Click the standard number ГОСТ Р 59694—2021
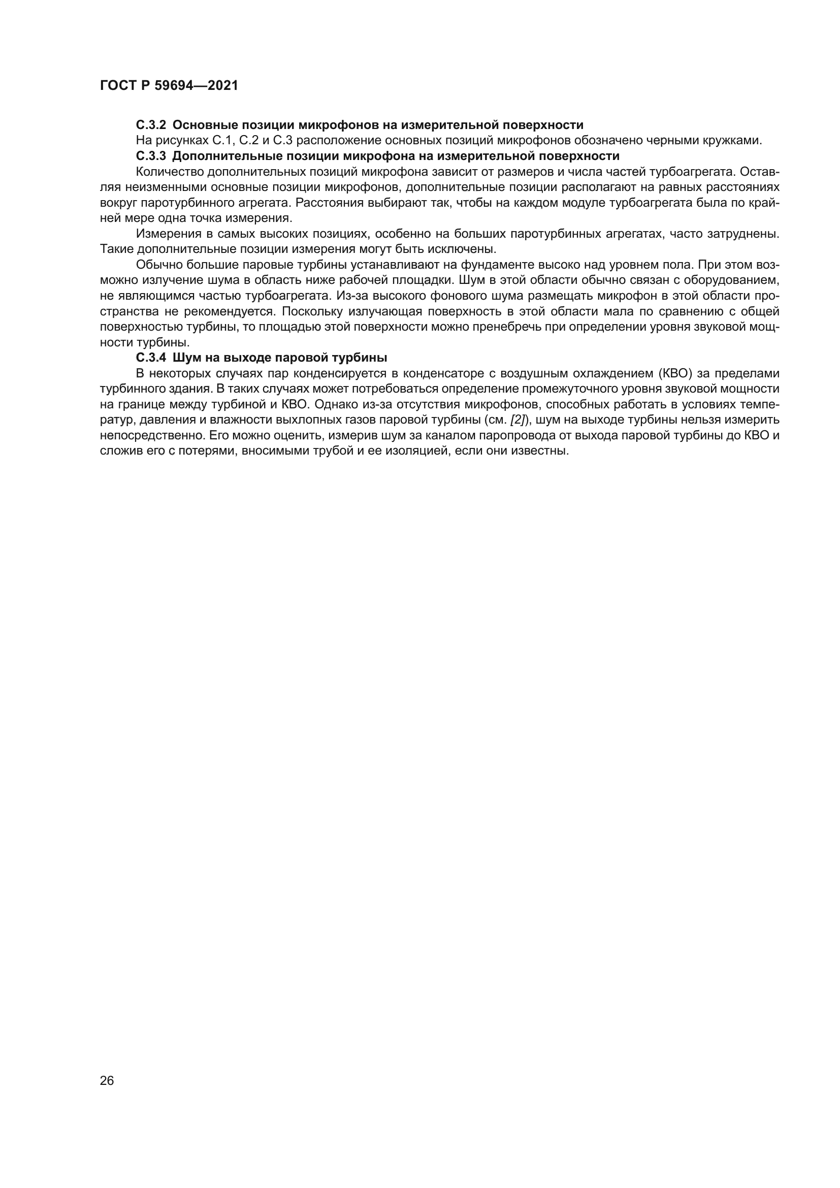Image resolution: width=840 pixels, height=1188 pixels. coord(169,86)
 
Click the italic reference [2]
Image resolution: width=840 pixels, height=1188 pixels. coord(518,420)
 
